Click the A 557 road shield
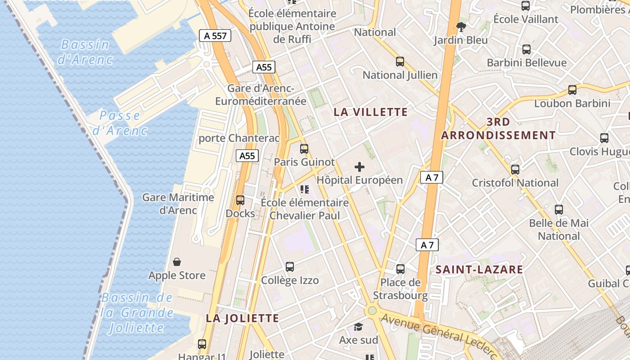pyautogui.click(x=215, y=36)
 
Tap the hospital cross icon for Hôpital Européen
pyautogui.click(x=360, y=167)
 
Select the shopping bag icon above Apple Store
pyautogui.click(x=177, y=262)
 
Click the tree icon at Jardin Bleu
pyautogui.click(x=461, y=27)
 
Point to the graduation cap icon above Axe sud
pyautogui.click(x=358, y=327)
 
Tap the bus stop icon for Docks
pyautogui.click(x=240, y=200)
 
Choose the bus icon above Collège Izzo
pyautogui.click(x=290, y=267)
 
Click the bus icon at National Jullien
pyautogui.click(x=400, y=62)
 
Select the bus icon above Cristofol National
pyautogui.click(x=515, y=170)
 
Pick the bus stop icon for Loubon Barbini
pyautogui.click(x=572, y=90)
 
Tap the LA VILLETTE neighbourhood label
pyautogui.click(x=371, y=112)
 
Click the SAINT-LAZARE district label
pyautogui.click(x=479, y=270)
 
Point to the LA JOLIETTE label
pyautogui.click(x=243, y=318)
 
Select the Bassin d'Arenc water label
pyautogui.click(x=85, y=52)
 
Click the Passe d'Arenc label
pyautogui.click(x=120, y=123)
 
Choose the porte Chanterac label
pyautogui.click(x=239, y=138)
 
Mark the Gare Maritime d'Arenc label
pyautogui.click(x=178, y=203)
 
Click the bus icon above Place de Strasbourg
pyautogui.click(x=400, y=269)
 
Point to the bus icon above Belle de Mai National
pyautogui.click(x=559, y=210)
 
